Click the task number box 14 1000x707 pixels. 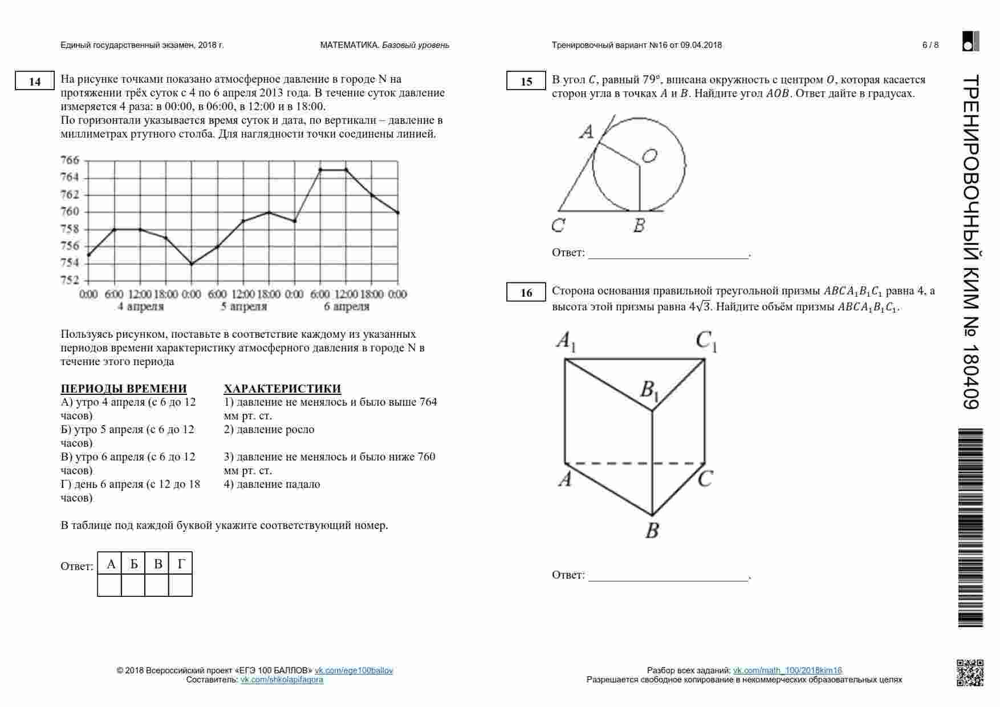[x=35, y=81]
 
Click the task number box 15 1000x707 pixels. [x=526, y=81]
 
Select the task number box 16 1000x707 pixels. [x=526, y=292]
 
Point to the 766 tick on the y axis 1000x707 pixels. [x=70, y=160]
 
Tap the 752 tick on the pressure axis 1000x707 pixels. [x=70, y=280]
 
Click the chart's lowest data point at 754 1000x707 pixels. [x=192, y=264]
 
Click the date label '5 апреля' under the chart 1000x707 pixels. [x=243, y=306]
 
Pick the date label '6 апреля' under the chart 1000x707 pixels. [x=347, y=306]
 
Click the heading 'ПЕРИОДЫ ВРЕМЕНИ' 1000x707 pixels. [x=124, y=389]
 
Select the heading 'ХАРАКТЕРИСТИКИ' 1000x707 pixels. [x=282, y=389]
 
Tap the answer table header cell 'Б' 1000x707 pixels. [x=133, y=564]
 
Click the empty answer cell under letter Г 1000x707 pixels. [x=181, y=585]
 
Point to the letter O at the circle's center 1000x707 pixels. [x=649, y=155]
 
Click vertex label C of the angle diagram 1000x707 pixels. [x=558, y=225]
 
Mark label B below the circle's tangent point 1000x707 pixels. [x=639, y=225]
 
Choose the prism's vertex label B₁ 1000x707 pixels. [x=649, y=390]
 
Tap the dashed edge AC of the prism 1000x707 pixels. [x=635, y=463]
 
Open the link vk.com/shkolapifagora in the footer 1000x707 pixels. [x=282, y=680]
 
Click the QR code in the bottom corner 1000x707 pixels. [x=970, y=673]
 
